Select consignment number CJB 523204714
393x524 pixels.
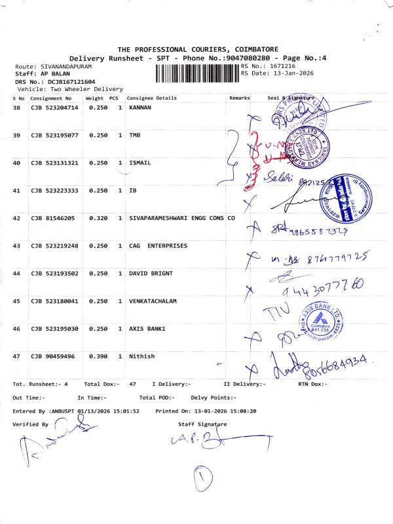[54, 107]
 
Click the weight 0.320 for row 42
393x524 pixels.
[98, 218]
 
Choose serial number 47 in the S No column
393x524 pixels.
[17, 356]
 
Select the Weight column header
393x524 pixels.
[94, 98]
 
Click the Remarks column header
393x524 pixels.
[240, 98]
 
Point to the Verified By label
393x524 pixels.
[31, 424]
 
